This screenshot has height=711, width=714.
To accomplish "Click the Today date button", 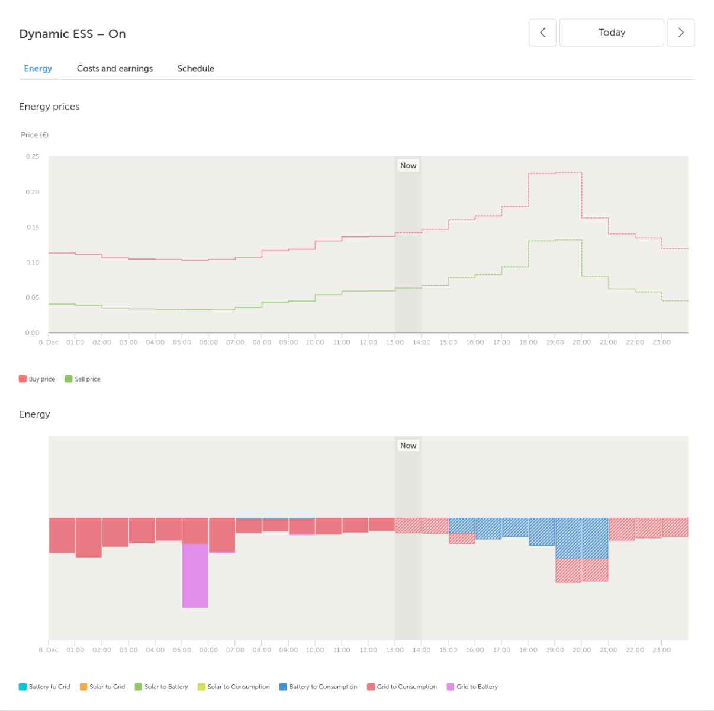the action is (611, 33).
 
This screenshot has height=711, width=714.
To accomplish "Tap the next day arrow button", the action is (680, 33).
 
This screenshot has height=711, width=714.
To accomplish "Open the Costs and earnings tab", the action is (114, 68).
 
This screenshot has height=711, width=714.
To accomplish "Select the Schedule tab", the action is (195, 68).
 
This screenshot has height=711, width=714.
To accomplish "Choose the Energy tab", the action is (38, 69).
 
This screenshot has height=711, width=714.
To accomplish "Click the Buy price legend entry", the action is (37, 379).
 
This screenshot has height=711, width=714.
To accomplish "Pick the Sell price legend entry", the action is (82, 379).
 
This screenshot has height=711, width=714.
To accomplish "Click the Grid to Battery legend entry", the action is (472, 687).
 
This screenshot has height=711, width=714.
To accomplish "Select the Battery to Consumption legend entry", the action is (318, 687).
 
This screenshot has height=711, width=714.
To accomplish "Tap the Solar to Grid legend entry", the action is (102, 687).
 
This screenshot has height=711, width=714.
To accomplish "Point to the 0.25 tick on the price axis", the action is (33, 156).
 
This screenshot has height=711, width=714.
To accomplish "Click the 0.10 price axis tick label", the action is (33, 262).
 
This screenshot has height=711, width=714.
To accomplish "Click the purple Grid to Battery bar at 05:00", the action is (195, 576).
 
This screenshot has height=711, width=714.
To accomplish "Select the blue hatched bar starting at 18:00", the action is (542, 531).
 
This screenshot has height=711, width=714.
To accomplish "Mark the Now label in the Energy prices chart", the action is (408, 165).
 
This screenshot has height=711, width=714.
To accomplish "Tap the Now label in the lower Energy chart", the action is (408, 446).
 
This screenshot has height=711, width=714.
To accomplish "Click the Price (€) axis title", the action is (34, 135).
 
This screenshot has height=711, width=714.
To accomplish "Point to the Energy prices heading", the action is (49, 107).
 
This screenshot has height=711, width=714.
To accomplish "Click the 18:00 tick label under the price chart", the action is (528, 342).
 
